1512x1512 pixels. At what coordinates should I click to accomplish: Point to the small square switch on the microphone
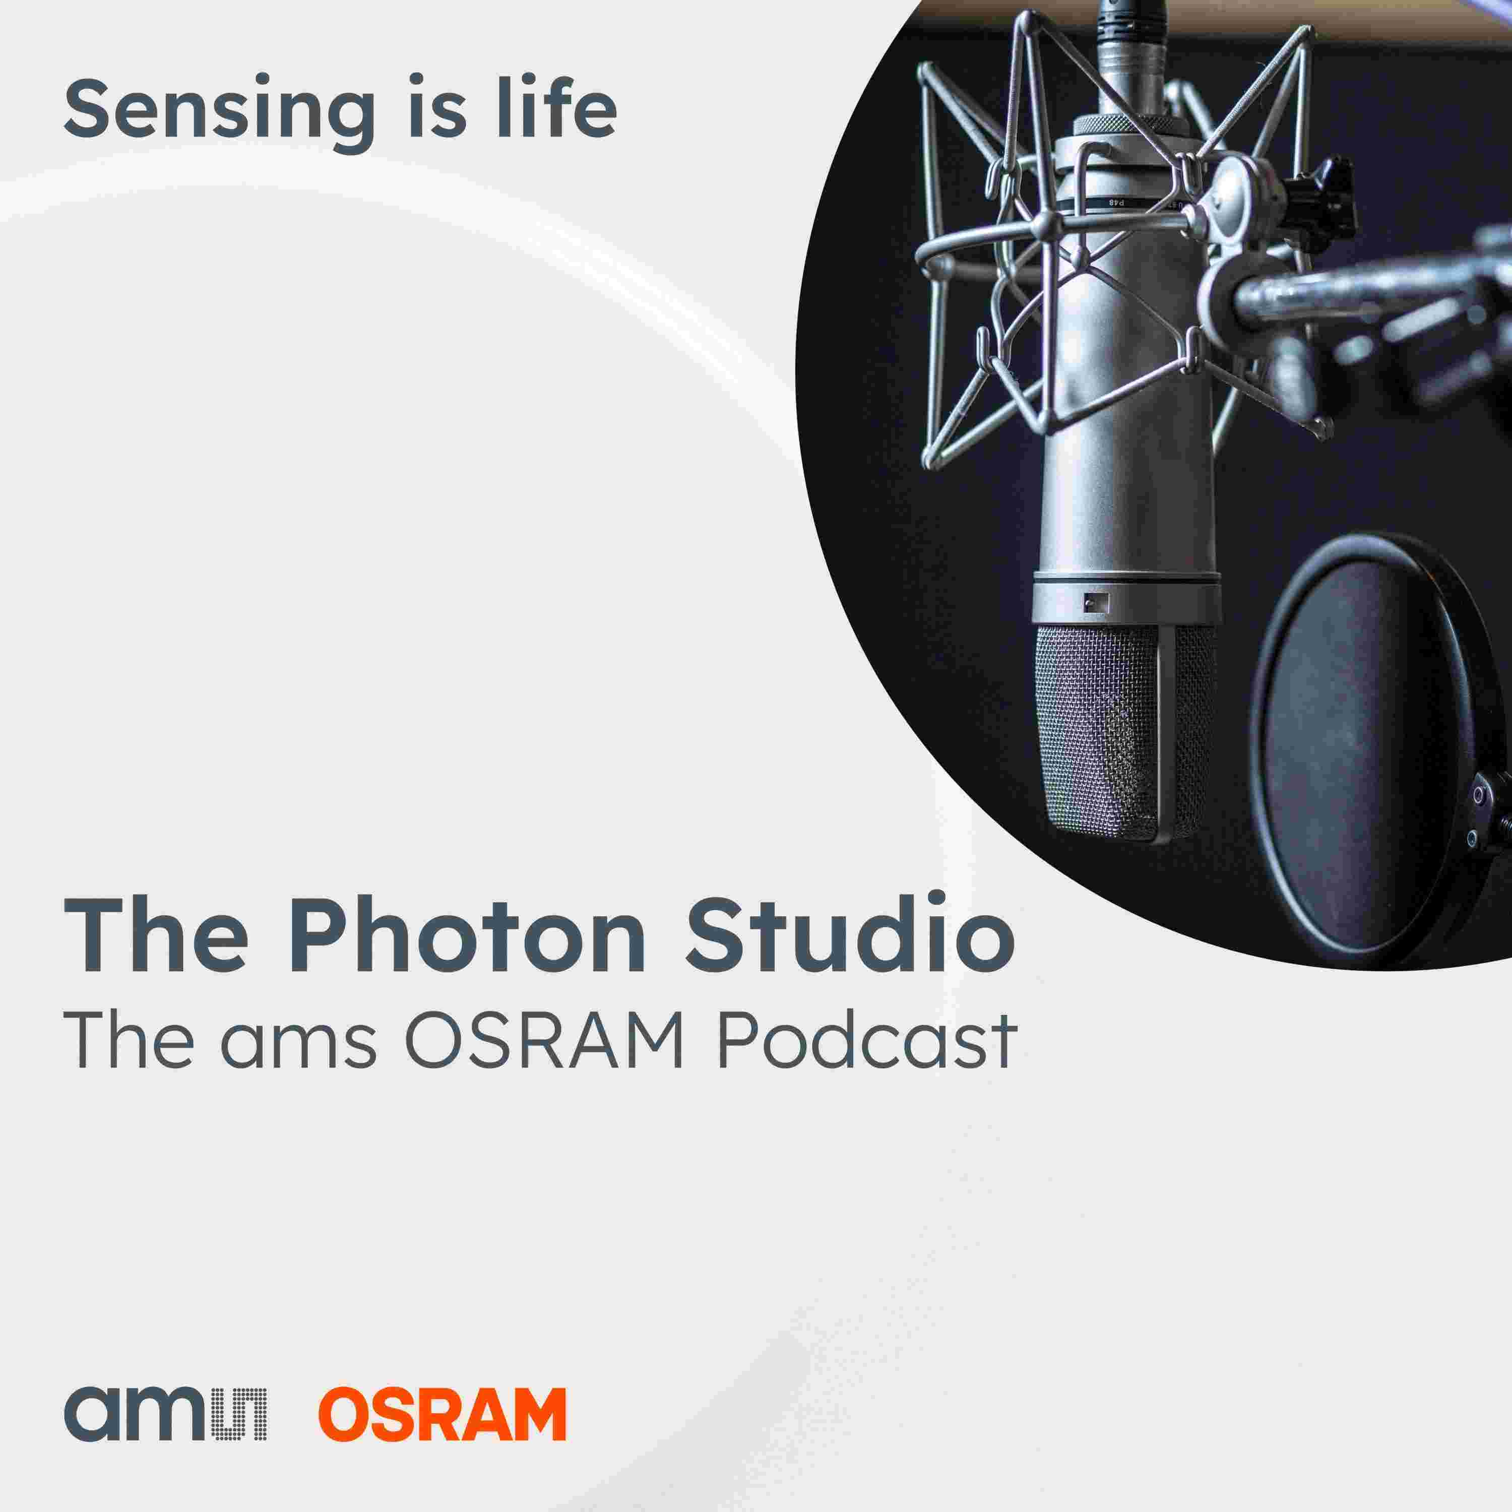(x=1096, y=602)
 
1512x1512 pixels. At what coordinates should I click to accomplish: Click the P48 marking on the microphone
(x=1117, y=203)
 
